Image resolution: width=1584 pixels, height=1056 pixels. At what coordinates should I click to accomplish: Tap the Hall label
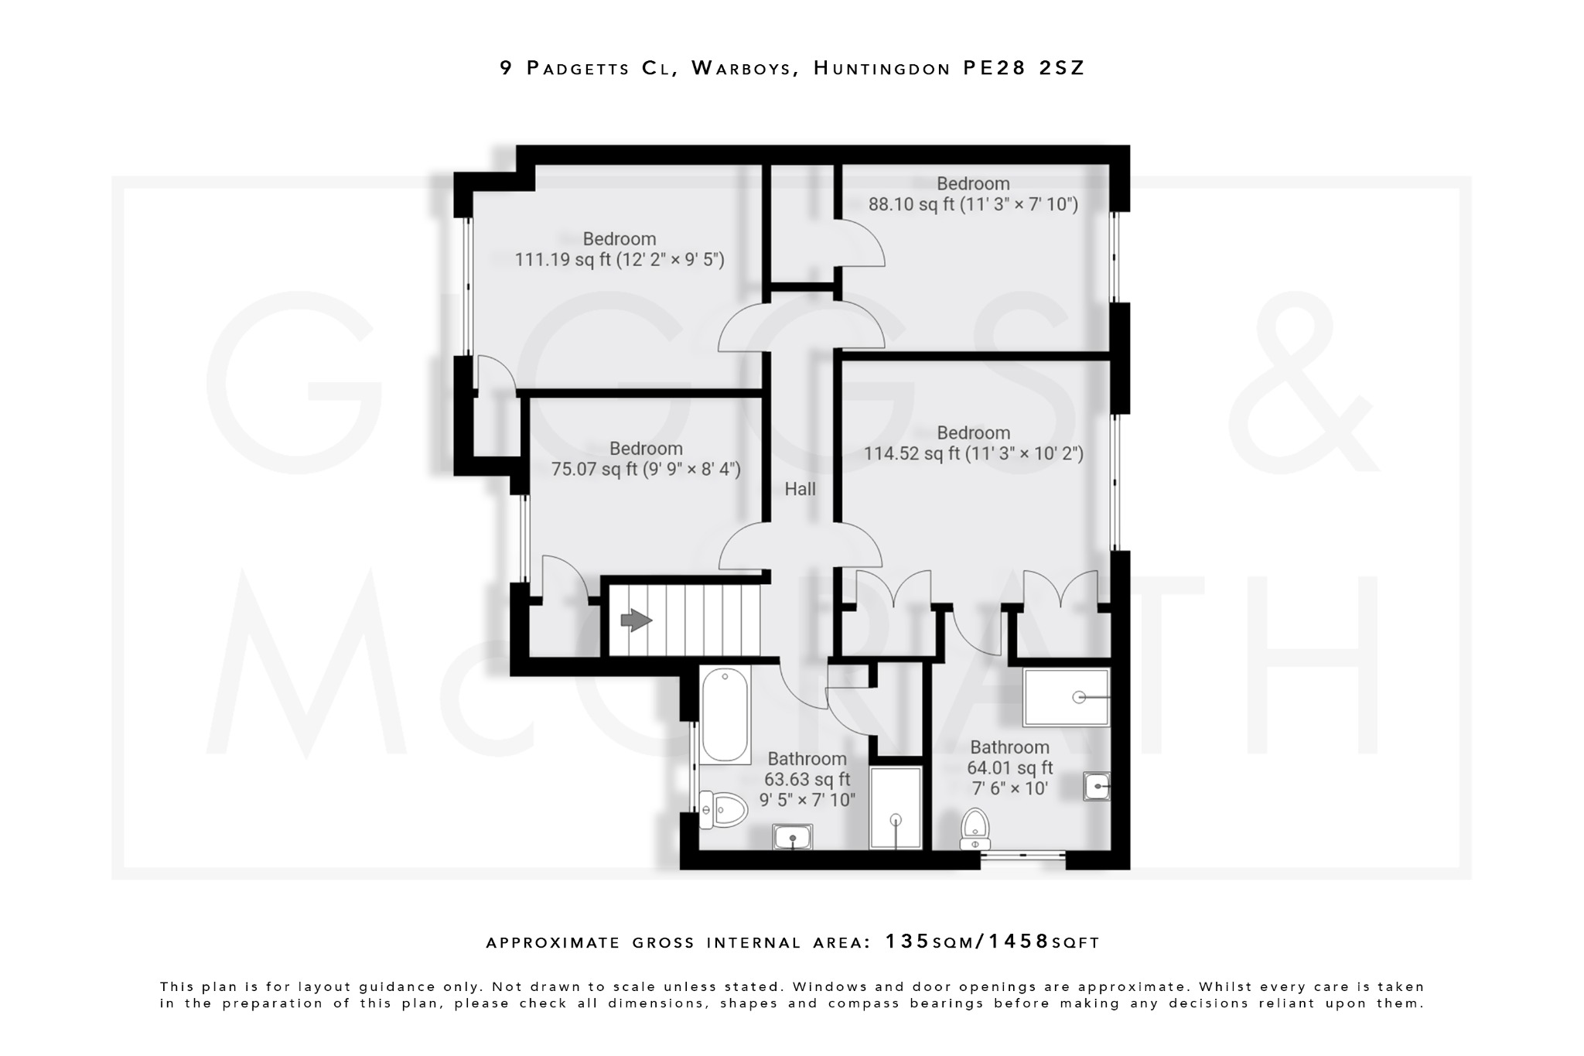[800, 489]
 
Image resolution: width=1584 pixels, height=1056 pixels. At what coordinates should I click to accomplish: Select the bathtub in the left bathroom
[725, 716]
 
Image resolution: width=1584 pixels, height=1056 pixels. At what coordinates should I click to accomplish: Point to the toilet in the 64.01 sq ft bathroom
[975, 829]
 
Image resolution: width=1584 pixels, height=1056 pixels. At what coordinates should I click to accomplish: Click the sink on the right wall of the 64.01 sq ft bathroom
[1096, 787]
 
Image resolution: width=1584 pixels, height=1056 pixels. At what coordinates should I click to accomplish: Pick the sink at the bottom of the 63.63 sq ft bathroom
[792, 836]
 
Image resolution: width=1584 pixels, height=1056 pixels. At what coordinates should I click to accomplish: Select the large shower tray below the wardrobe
[1066, 697]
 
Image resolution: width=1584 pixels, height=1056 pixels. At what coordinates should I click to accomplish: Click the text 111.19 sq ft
[563, 260]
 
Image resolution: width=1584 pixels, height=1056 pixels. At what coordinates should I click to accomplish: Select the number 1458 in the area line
[1019, 942]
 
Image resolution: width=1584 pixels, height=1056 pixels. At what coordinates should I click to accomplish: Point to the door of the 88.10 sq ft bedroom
[860, 244]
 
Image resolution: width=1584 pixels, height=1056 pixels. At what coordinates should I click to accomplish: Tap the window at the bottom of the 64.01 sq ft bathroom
[1022, 856]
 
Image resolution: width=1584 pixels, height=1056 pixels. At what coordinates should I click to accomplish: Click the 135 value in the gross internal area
[907, 942]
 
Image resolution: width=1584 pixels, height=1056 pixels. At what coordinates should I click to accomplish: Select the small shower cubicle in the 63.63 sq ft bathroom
[896, 808]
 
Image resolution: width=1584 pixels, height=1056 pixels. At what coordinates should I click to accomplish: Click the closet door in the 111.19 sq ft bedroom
[496, 375]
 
